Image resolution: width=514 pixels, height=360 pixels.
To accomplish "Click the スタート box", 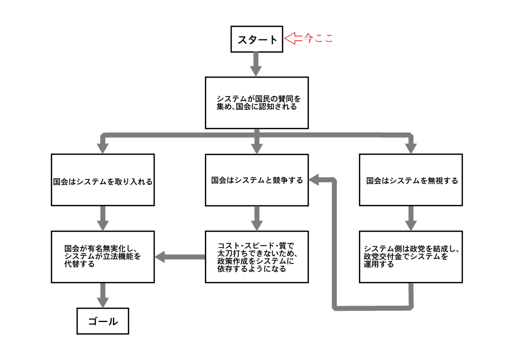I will (x=257, y=39).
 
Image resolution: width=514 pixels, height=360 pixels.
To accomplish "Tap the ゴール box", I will (x=103, y=321).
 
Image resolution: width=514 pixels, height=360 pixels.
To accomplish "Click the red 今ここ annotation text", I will (x=318, y=38).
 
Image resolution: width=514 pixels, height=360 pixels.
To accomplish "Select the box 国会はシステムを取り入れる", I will (x=103, y=180).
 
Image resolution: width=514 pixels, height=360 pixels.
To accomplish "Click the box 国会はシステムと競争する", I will (x=257, y=180).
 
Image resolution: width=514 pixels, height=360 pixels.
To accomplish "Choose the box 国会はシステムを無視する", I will (x=411, y=180).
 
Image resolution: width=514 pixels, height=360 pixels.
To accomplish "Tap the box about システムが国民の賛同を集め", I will (x=257, y=103).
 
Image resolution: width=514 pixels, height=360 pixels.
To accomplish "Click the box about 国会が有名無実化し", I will (x=103, y=257).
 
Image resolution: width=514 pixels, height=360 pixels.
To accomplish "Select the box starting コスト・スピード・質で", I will (x=257, y=257).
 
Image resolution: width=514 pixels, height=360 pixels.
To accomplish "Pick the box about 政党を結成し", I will (x=411, y=257).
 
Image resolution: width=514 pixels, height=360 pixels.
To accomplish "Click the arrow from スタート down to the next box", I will (x=257, y=64).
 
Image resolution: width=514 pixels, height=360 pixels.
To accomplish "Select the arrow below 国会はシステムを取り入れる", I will (x=103, y=218).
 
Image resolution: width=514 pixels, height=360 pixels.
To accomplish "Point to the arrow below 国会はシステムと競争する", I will (x=257, y=218).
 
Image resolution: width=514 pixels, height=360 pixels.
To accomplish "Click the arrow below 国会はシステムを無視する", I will (x=411, y=218).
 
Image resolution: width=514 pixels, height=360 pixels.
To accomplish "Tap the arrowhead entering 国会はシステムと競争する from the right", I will (x=314, y=179).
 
